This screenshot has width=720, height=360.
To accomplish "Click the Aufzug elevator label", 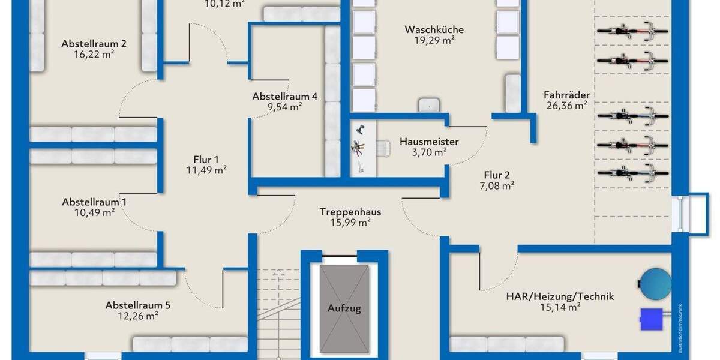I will [x=344, y=308].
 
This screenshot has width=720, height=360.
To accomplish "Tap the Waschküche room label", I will [x=434, y=29].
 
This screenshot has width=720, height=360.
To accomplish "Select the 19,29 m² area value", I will [x=434, y=41].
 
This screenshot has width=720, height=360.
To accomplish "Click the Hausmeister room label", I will [x=429, y=142].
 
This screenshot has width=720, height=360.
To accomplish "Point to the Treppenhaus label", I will [x=350, y=211].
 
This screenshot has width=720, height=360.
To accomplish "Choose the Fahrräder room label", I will [x=566, y=95].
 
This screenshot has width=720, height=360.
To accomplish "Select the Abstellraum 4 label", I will [x=284, y=96].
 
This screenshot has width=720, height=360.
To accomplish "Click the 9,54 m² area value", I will [x=284, y=107].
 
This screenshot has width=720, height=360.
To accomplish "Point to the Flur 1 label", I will [x=206, y=160].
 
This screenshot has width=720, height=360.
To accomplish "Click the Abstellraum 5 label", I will [x=138, y=305].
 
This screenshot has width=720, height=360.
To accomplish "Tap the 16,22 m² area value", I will [x=94, y=54].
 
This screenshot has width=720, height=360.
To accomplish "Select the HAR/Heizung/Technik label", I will [x=560, y=296].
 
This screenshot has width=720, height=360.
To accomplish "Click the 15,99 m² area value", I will [x=350, y=222].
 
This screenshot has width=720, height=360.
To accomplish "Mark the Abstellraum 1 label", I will [x=94, y=202].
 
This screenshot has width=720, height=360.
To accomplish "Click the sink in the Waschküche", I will [x=427, y=104].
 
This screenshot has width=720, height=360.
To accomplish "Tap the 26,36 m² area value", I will [x=566, y=106].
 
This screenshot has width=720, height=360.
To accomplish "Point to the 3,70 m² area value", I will [x=429, y=152].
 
